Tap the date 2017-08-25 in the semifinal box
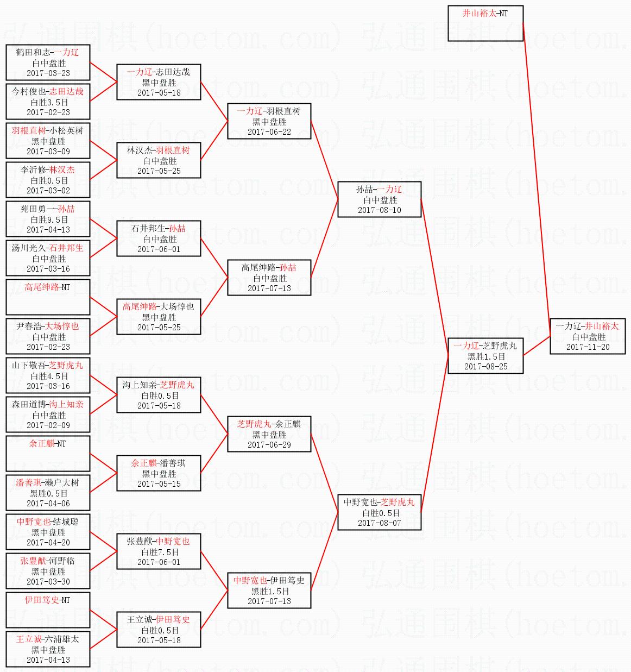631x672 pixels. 486,367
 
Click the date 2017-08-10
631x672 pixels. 380,210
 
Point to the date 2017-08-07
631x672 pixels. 380,523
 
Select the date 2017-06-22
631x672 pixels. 269,132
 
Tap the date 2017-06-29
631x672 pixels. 269,444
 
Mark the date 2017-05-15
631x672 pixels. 159,484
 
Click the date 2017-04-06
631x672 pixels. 48,504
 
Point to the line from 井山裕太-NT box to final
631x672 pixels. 537,179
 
